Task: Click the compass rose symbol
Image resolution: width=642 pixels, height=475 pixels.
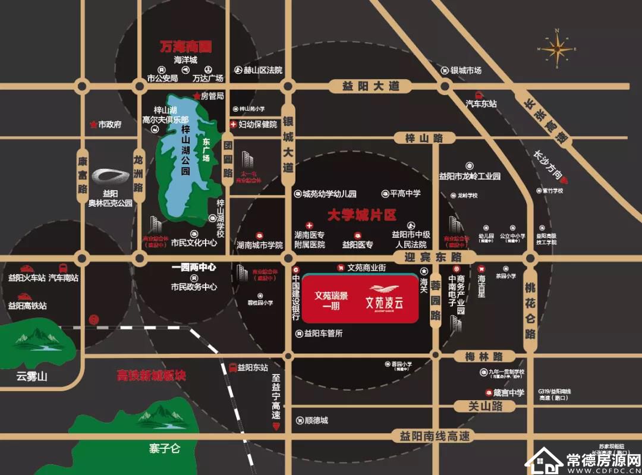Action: [558, 48]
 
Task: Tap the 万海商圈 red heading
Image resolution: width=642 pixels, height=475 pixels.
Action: [187, 46]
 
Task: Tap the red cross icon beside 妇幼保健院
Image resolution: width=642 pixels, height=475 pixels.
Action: [233, 124]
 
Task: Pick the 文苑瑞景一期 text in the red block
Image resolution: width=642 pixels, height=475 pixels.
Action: [331, 298]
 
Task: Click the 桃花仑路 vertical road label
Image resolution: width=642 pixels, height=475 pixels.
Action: [530, 309]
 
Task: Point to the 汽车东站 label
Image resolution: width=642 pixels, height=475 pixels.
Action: [481, 103]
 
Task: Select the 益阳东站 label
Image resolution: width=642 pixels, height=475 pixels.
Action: [253, 367]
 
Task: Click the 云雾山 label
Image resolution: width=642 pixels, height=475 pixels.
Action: [32, 376]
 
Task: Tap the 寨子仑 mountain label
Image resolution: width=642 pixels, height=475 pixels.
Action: [165, 449]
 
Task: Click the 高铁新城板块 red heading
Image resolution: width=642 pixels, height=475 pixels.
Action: [151, 376]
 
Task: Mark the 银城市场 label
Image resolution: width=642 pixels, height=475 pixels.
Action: [465, 70]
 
